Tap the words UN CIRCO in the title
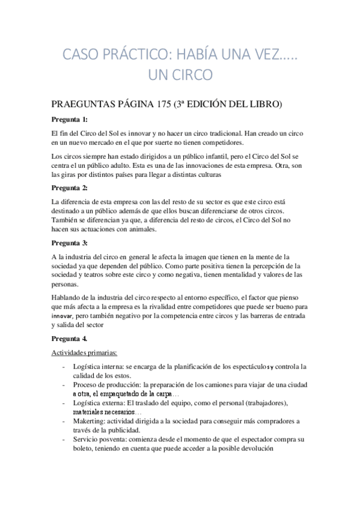click(x=180, y=76)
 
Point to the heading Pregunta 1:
click(x=69, y=119)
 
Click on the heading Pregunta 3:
click(x=69, y=243)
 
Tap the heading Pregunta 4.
click(x=69, y=339)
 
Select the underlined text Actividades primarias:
click(x=85, y=353)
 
